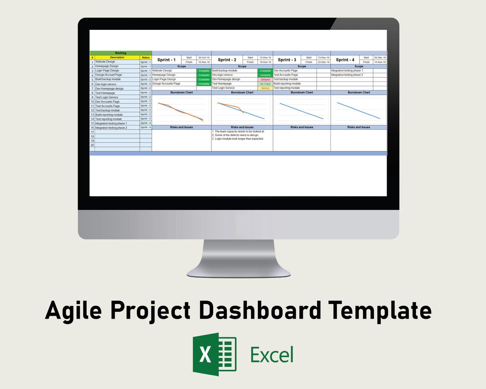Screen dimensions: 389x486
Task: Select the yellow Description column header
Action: [x=117, y=57]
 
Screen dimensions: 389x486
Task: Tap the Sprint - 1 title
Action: [x=166, y=60]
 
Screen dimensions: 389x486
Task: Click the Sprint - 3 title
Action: [x=287, y=60]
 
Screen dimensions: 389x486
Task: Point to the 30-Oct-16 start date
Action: [x=203, y=58]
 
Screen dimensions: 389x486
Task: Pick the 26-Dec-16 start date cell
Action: [x=380, y=58]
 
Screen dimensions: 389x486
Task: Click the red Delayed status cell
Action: [x=265, y=79]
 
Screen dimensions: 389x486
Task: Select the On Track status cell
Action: [x=265, y=84]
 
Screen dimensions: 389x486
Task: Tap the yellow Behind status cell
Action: [x=265, y=88]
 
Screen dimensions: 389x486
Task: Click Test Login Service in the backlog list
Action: [x=107, y=97]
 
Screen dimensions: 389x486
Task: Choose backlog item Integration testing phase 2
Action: [x=111, y=128]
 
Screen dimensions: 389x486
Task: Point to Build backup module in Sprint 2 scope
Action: [x=225, y=70]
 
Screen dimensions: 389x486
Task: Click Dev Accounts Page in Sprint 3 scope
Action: [x=286, y=70]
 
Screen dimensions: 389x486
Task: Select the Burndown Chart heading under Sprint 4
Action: [x=359, y=93]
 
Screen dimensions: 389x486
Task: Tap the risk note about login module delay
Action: [x=239, y=139]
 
